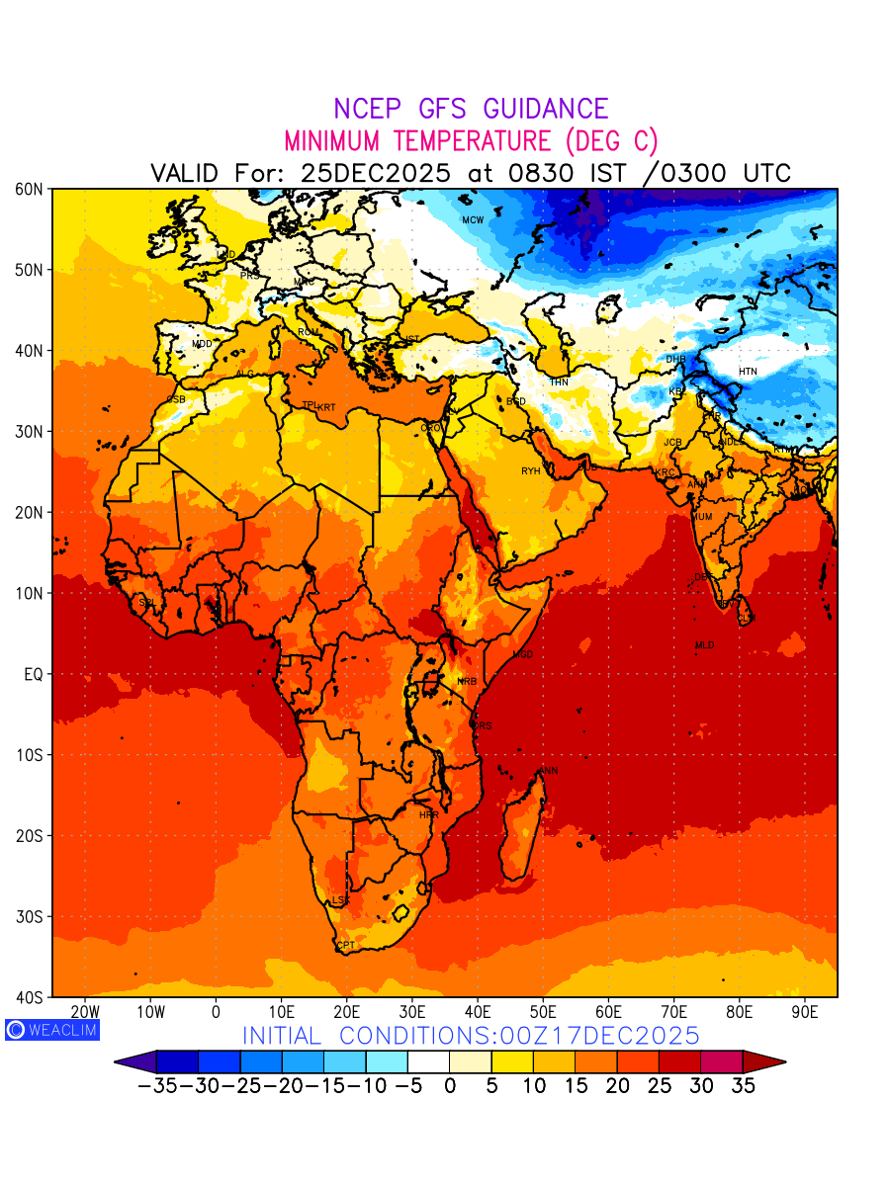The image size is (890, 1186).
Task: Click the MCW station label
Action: (x=473, y=220)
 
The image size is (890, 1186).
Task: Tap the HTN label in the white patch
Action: (x=748, y=372)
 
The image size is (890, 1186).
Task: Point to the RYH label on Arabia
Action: (x=531, y=471)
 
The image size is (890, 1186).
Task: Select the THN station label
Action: (x=559, y=381)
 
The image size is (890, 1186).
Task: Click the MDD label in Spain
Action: (x=202, y=344)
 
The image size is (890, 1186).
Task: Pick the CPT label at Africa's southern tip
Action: (x=346, y=946)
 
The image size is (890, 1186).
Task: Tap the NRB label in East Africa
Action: (x=467, y=682)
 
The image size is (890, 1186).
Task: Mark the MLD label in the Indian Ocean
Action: (x=704, y=645)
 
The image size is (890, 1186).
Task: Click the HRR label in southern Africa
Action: (x=428, y=815)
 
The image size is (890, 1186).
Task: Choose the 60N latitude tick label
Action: (x=30, y=189)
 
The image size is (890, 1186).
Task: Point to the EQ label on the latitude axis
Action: (x=34, y=674)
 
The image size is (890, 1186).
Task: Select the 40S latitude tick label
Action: (x=30, y=997)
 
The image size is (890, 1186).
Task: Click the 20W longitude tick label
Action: (x=85, y=1012)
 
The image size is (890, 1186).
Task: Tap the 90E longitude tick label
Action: (x=805, y=1012)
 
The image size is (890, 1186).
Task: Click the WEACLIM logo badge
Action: (x=52, y=1030)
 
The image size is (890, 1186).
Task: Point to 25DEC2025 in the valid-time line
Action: (x=376, y=173)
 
